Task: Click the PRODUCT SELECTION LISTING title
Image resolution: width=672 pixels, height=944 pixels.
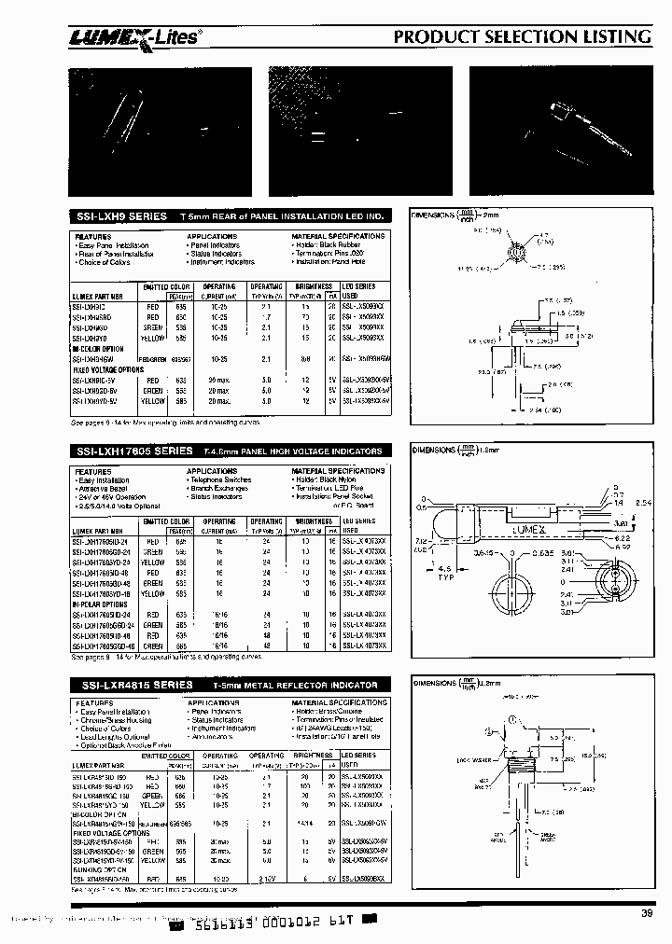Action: (522, 36)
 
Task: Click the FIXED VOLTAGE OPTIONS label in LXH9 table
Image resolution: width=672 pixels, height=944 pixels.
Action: (107, 369)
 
